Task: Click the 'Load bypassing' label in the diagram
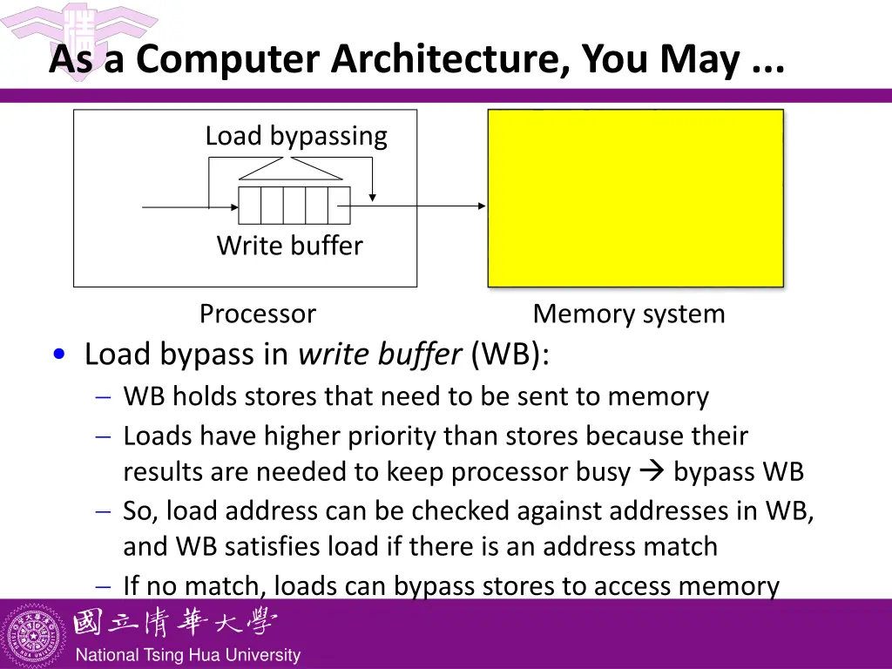pos(296,136)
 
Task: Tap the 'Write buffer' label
pos(289,246)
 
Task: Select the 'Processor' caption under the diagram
pos(257,314)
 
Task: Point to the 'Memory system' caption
pos(628,314)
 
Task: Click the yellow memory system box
pos(635,198)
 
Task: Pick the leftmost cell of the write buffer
pos(250,206)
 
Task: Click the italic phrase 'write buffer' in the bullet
pos(379,354)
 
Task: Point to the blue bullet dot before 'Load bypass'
pos(58,354)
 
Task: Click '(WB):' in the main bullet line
pos(510,354)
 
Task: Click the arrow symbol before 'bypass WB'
pos(651,471)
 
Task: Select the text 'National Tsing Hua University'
pos(187,655)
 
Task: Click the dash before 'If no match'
pos(103,586)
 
